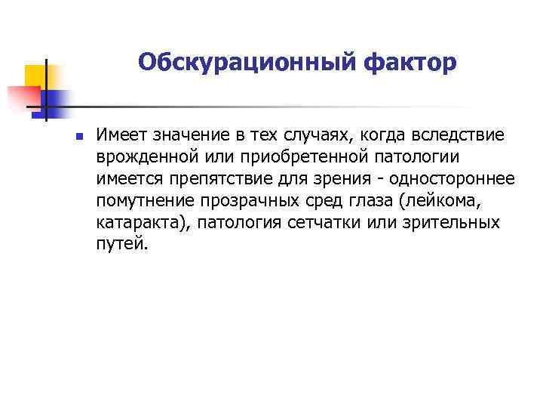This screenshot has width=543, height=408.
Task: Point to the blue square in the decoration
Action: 55,99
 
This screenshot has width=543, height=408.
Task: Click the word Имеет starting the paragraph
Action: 121,135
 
